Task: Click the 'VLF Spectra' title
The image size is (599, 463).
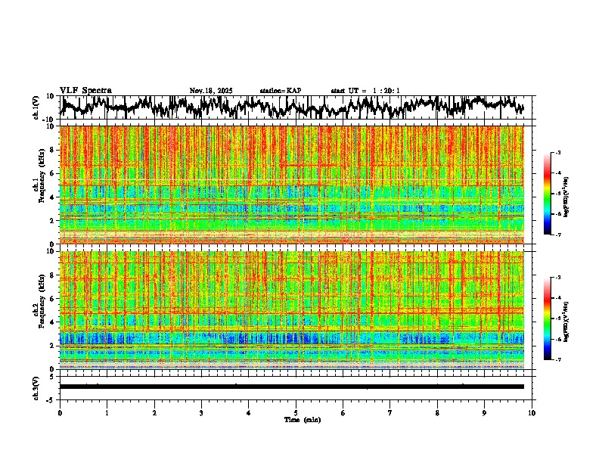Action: click(x=85, y=91)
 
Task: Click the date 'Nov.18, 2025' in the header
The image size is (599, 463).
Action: click(x=211, y=91)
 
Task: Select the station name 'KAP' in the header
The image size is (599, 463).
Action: click(x=293, y=91)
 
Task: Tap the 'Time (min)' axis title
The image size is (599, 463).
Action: click(x=302, y=419)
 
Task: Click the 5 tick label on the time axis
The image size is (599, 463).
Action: click(x=296, y=413)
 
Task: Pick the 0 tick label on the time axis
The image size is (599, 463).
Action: click(x=60, y=413)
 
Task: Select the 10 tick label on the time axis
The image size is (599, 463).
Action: click(x=532, y=413)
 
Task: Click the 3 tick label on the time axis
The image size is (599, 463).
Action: click(x=201, y=413)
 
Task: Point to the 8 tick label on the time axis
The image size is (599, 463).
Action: click(x=437, y=413)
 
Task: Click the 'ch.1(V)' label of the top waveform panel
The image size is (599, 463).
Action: click(x=36, y=107)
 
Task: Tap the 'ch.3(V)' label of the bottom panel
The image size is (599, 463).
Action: click(x=36, y=386)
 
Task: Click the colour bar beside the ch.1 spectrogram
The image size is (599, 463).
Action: click(x=554, y=193)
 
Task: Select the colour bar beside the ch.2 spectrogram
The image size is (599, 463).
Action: click(x=554, y=318)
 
